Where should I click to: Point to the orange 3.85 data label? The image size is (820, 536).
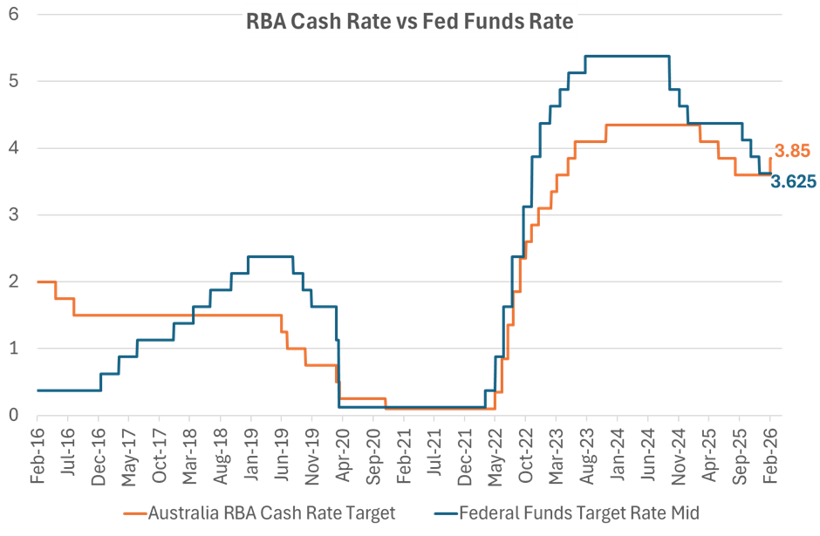[794, 151]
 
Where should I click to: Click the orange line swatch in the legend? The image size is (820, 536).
[134, 512]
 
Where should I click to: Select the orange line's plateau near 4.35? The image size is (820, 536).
[646, 126]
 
